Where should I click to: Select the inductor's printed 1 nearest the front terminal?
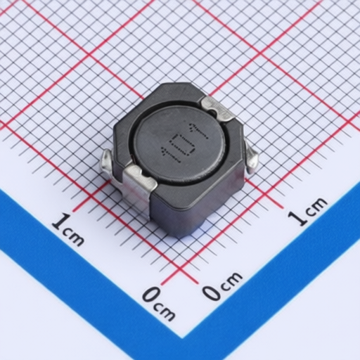click(x=171, y=156)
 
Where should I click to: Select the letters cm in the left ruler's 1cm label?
click(x=73, y=236)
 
